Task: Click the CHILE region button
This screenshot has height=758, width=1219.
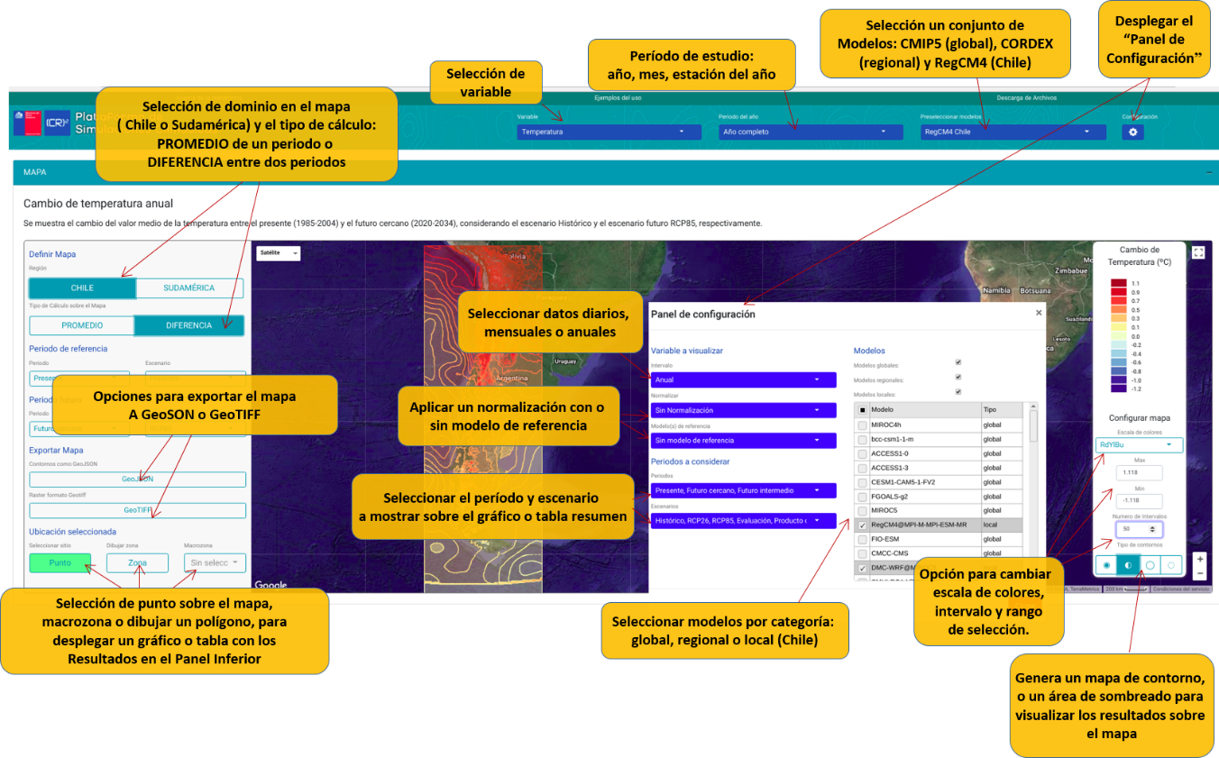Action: click(x=82, y=288)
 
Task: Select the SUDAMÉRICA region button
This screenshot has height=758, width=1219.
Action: click(x=189, y=288)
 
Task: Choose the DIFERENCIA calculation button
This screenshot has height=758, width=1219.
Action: click(x=188, y=325)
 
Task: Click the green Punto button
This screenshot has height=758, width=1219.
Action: click(x=60, y=563)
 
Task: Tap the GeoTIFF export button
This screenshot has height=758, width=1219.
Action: click(x=137, y=510)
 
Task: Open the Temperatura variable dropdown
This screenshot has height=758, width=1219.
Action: click(x=609, y=132)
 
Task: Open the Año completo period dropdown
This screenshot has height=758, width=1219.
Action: click(x=811, y=132)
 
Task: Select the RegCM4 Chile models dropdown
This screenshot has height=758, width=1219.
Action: click(x=1012, y=132)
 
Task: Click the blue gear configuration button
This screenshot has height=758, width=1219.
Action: click(x=1132, y=132)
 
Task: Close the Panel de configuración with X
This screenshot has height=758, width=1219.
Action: click(x=1039, y=313)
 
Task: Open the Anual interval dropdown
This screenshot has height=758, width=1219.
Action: click(x=743, y=379)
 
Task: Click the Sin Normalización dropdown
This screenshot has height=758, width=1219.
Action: click(x=743, y=410)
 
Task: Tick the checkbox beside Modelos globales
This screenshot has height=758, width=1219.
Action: click(x=958, y=362)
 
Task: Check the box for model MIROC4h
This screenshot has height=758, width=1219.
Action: click(x=863, y=425)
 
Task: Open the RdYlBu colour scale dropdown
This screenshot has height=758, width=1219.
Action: click(x=1140, y=445)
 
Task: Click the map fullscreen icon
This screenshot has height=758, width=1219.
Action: click(x=1198, y=253)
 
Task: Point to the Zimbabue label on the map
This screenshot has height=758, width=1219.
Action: click(x=1073, y=269)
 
